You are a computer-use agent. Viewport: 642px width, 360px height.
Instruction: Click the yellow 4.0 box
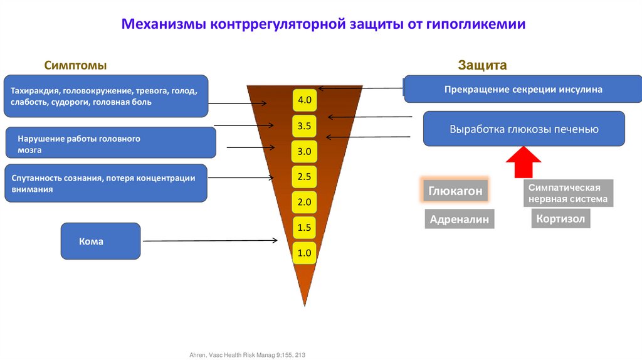pyautogui.click(x=305, y=100)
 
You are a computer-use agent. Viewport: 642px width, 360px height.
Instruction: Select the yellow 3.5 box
pyautogui.click(x=305, y=126)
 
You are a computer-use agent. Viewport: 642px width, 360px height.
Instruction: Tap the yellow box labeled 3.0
pyautogui.click(x=305, y=152)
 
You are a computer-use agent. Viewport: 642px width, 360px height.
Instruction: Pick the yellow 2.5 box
pyautogui.click(x=305, y=177)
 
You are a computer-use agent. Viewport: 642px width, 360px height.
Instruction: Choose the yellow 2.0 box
pyautogui.click(x=305, y=202)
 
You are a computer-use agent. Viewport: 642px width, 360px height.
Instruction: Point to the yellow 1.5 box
pyautogui.click(x=305, y=228)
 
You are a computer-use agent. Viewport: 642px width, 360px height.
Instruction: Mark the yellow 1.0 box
pyautogui.click(x=305, y=253)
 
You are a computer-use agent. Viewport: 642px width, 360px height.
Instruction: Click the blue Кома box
pyautogui.click(x=100, y=241)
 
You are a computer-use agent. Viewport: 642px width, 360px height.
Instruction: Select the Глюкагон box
pyautogui.click(x=455, y=191)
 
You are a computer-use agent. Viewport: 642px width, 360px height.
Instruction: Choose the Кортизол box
pyautogui.click(x=561, y=219)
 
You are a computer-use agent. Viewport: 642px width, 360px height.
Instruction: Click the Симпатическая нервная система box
pyautogui.click(x=568, y=194)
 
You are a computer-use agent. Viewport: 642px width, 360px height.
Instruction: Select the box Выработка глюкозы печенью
pyautogui.click(x=524, y=129)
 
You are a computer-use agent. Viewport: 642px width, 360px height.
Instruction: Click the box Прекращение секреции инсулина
pyautogui.click(x=523, y=89)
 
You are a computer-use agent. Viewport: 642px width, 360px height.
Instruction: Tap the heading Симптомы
pyautogui.click(x=75, y=65)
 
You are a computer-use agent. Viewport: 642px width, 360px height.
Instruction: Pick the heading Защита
pyautogui.click(x=482, y=65)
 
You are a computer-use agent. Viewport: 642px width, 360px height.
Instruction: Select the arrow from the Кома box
pyautogui.click(x=209, y=240)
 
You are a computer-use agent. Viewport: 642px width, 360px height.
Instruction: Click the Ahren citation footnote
pyautogui.click(x=243, y=355)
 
